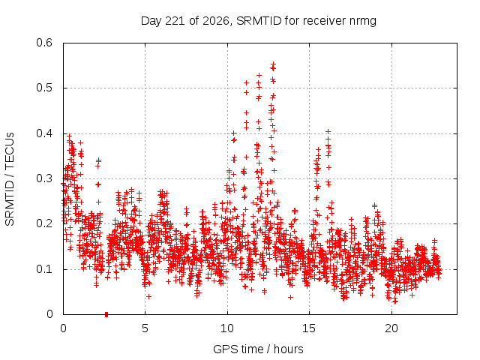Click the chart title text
point(258,21)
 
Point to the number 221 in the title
point(175,21)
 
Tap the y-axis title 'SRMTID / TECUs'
point(10,179)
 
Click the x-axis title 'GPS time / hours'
point(258,349)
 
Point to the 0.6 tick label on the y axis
point(44,43)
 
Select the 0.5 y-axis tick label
point(44,88)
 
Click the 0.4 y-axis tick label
point(44,133)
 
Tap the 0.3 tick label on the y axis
point(44,178)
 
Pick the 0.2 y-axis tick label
point(44,223)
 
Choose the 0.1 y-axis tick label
point(44,269)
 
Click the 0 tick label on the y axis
point(49,314)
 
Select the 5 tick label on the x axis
point(145,328)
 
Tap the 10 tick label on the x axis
point(227,328)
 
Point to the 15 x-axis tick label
point(309,328)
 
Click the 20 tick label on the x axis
point(391,328)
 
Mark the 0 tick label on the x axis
point(63,328)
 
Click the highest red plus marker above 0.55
point(273,64)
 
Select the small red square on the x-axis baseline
point(106,314)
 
